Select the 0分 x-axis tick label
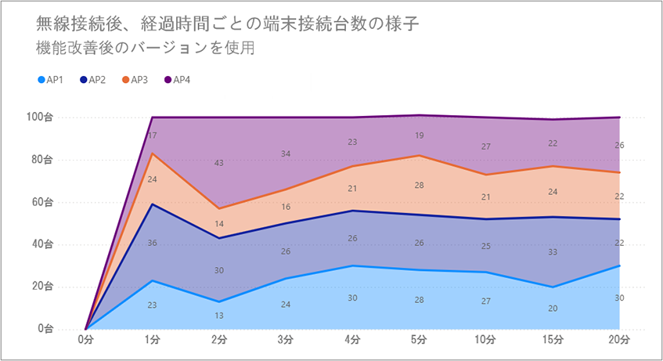pyautogui.click(x=85, y=341)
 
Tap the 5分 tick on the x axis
pyautogui.click(x=419, y=341)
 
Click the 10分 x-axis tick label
pyautogui.click(x=485, y=341)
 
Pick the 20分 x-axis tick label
pyautogui.click(x=619, y=341)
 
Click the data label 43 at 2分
pyautogui.click(x=218, y=163)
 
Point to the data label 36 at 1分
pyautogui.click(x=152, y=243)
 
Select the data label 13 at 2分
pyautogui.click(x=218, y=315)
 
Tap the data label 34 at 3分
pyautogui.click(x=286, y=153)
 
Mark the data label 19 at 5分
pyautogui.click(x=419, y=135)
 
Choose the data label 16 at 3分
pyautogui.click(x=286, y=207)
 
